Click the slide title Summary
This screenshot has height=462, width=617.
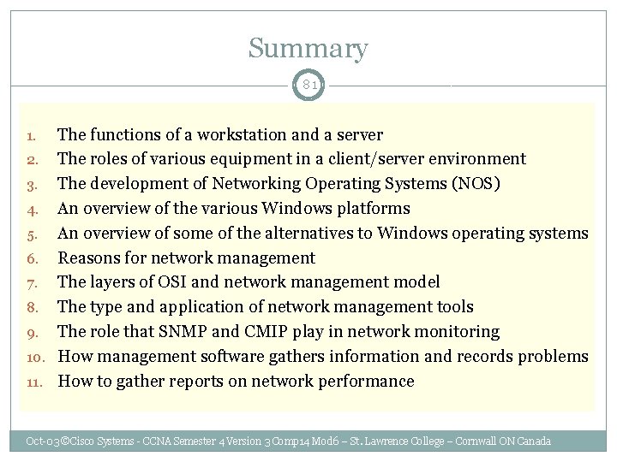click(308, 49)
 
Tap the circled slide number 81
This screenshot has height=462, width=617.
click(308, 85)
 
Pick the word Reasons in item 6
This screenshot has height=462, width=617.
click(90, 258)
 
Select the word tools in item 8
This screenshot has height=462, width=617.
click(453, 307)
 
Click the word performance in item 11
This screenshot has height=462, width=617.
click(361, 381)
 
